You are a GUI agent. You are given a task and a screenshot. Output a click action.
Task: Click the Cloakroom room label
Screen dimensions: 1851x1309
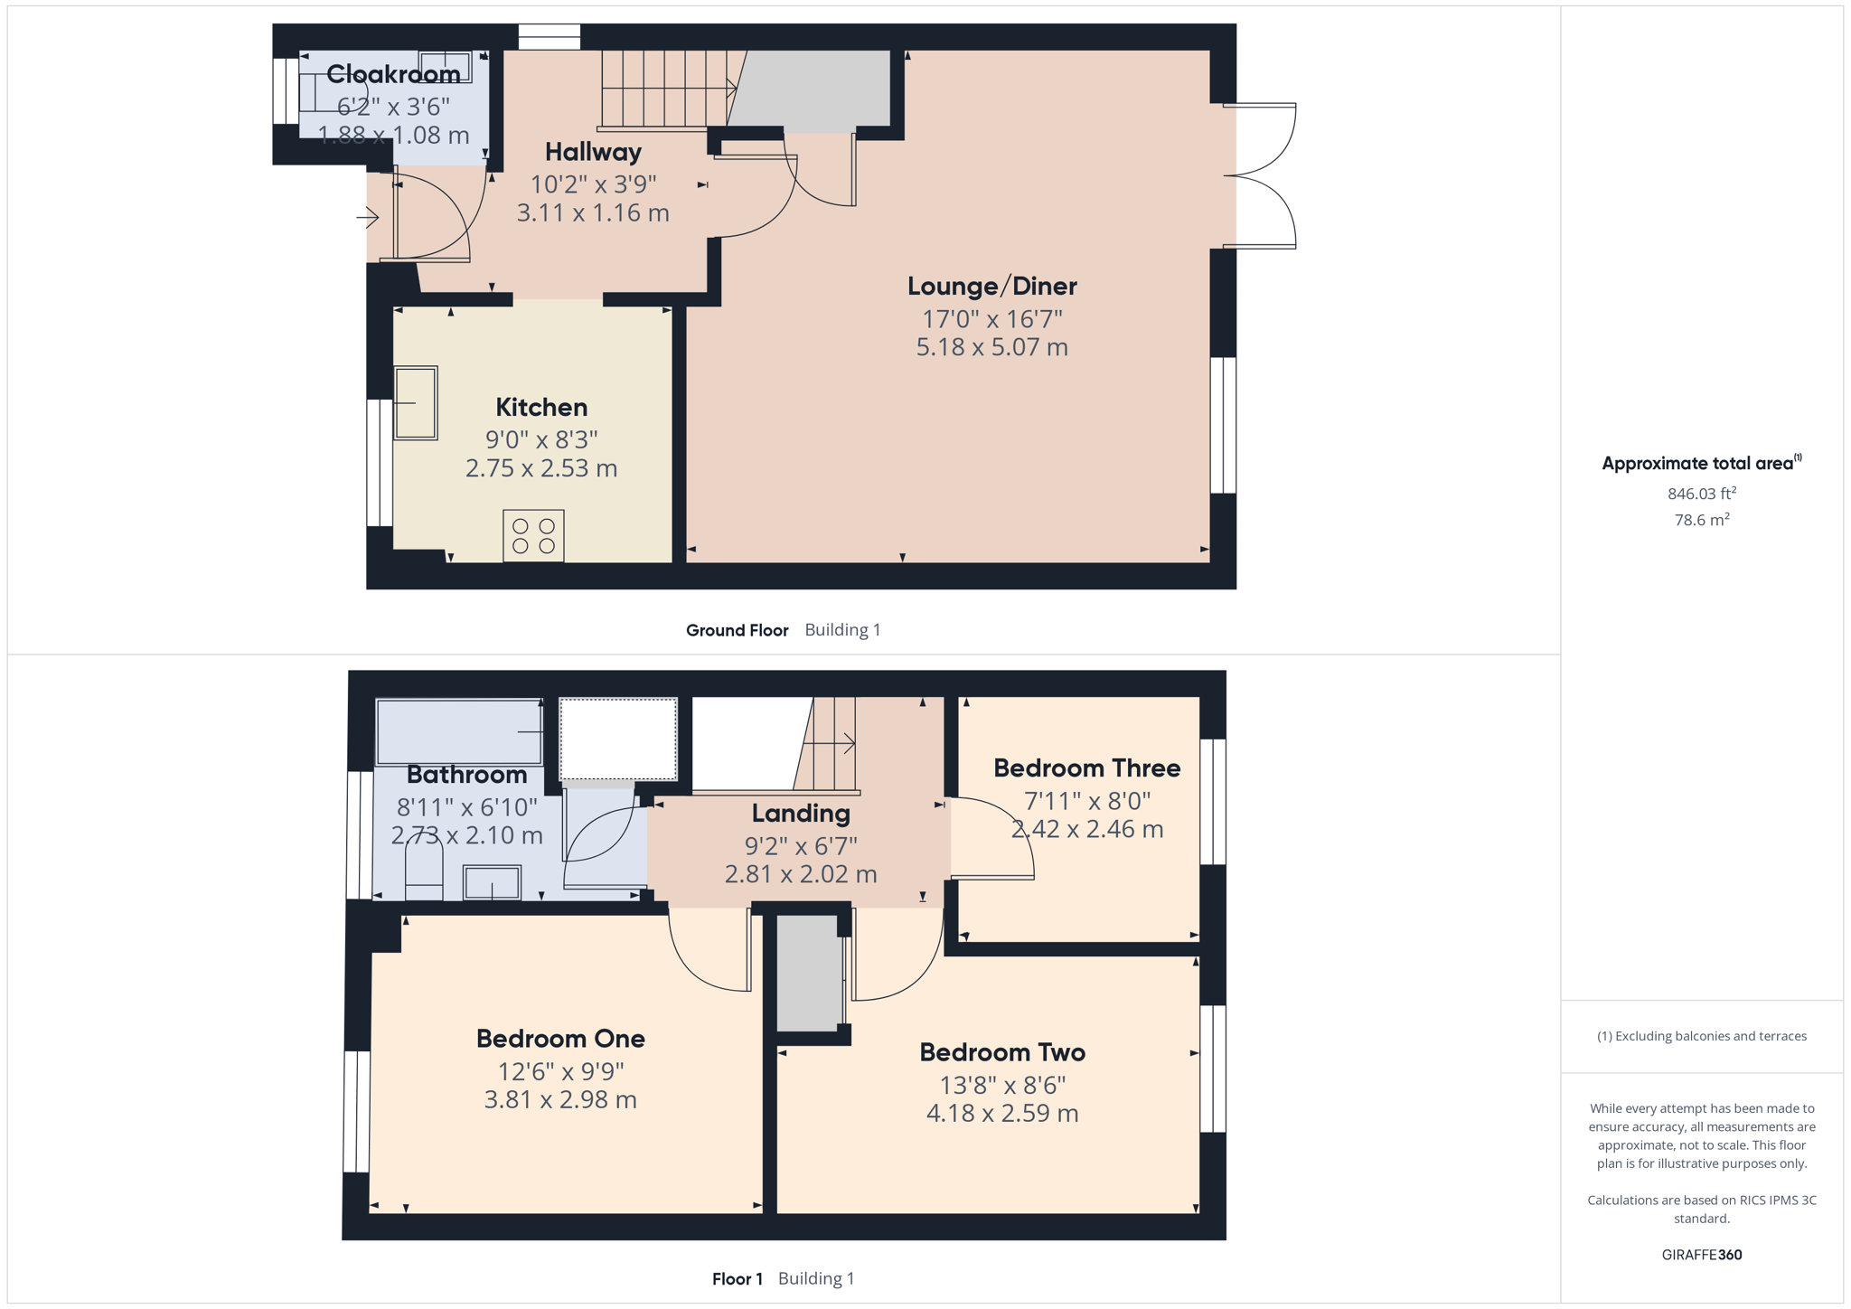[x=393, y=74]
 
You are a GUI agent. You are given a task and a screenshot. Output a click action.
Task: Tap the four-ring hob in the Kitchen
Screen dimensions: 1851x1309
[x=533, y=536]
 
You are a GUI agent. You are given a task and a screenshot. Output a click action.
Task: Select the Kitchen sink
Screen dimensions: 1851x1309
[x=416, y=403]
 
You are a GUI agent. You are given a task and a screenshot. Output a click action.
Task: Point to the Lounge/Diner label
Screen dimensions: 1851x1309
[x=991, y=287]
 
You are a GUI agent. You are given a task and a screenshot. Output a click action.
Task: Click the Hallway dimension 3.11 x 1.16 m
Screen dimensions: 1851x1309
[x=593, y=213]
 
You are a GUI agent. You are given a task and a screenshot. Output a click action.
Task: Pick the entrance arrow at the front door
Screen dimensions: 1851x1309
[x=367, y=217]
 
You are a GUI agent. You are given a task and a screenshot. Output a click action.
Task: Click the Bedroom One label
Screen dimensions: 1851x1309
[x=560, y=1039]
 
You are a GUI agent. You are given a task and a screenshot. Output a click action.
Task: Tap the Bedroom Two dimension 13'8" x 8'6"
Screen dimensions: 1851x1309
[x=1002, y=1085]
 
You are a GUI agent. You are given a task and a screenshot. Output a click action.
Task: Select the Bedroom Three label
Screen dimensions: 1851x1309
[x=1086, y=768]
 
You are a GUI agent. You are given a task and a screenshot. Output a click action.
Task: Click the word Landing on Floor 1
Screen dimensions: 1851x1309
[x=801, y=814]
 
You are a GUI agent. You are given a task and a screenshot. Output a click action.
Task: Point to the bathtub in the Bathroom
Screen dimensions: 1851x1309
[x=459, y=731]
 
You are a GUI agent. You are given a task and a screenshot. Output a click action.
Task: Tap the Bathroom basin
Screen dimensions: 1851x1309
[x=492, y=882]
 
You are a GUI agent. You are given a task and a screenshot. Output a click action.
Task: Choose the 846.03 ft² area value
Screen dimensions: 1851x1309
[x=1701, y=494]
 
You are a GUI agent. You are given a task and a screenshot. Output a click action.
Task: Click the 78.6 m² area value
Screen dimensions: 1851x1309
[x=1701, y=520]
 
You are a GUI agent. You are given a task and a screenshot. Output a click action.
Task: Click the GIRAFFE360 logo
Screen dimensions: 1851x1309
[x=1701, y=1255]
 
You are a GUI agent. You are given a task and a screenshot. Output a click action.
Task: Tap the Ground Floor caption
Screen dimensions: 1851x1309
[x=737, y=630]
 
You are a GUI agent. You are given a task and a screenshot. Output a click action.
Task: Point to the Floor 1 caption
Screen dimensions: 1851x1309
[x=737, y=1279]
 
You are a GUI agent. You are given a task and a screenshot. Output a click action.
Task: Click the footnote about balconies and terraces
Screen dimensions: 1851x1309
[x=1701, y=1036]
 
